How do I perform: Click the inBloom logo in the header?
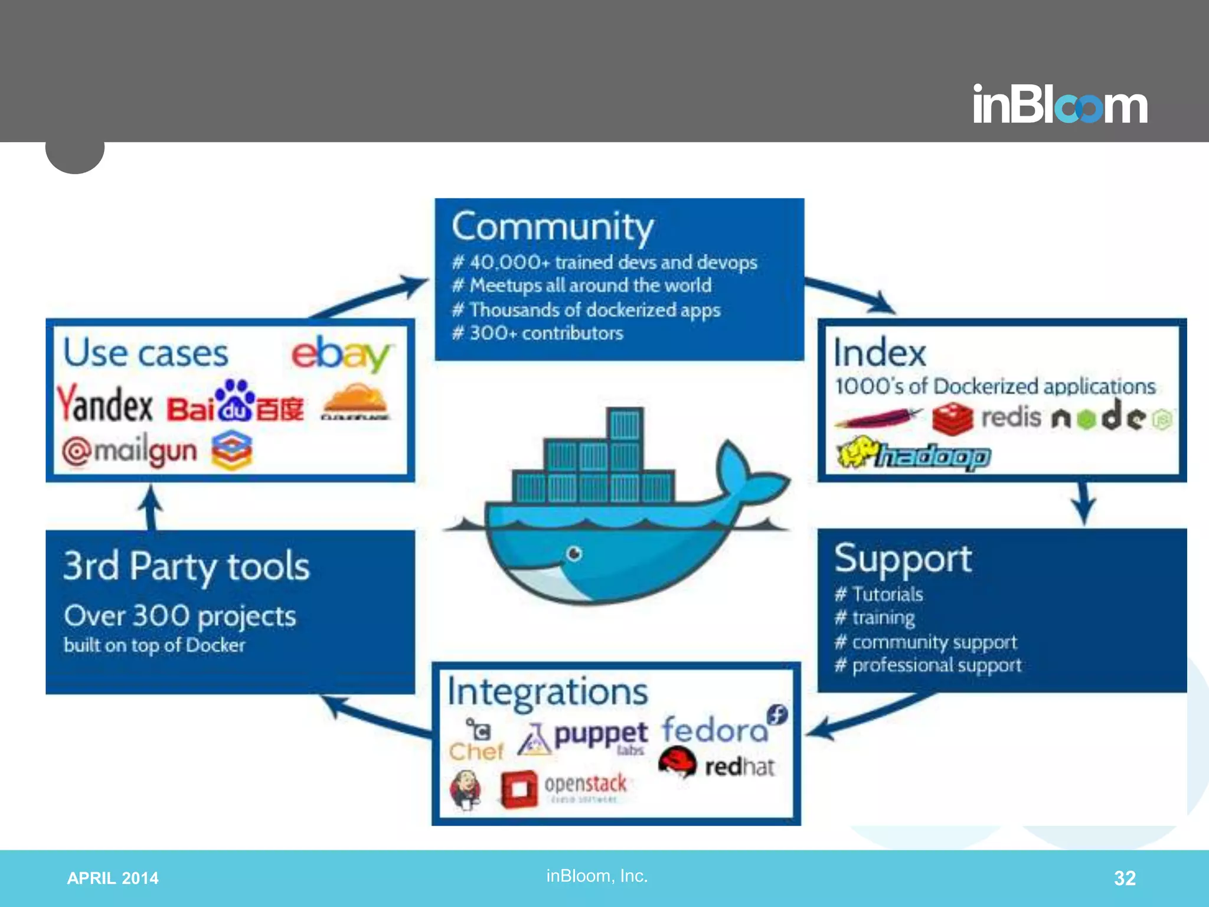tap(1060, 105)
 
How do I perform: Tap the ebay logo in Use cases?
tap(341, 354)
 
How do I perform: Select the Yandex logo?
tap(104, 405)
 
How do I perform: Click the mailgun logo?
tap(130, 452)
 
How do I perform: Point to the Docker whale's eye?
tap(574, 554)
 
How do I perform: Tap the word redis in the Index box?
tap(1011, 417)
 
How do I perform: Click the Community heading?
tap(553, 227)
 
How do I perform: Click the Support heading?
tap(903, 559)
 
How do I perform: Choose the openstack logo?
tap(564, 788)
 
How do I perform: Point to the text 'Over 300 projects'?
tap(179, 616)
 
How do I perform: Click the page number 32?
tap(1124, 878)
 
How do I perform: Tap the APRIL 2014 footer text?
tap(112, 878)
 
